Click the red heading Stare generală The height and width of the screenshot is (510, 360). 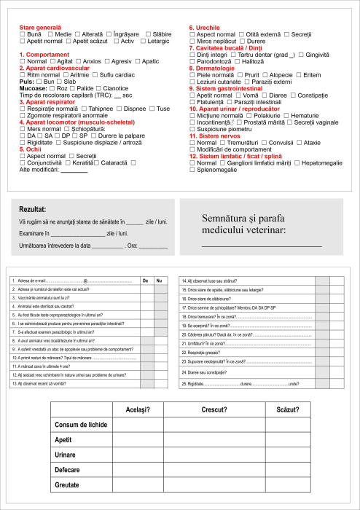[40, 28]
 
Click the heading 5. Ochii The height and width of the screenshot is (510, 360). [34, 149]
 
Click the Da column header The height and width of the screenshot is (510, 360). [146, 280]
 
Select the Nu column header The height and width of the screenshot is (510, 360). [160, 280]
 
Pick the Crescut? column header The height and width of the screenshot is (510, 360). [216, 409]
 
